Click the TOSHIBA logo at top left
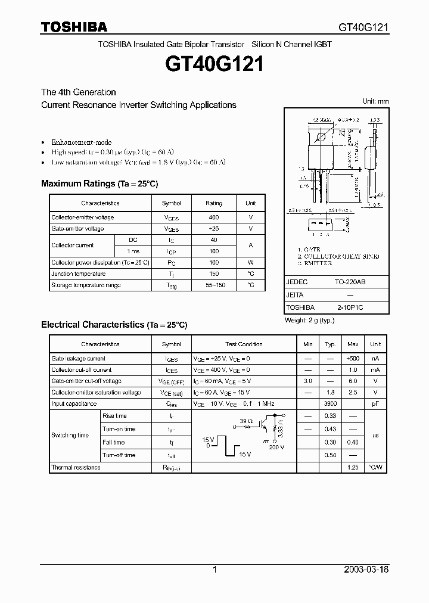coord(74,27)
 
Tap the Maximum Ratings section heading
coord(100,184)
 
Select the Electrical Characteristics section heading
coord(114,325)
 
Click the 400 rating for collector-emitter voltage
coord(214,217)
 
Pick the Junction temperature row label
coord(78,274)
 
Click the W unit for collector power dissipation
coord(251,263)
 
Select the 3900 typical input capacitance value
coord(329,403)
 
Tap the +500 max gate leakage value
coord(353,359)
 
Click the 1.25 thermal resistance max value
coord(353,468)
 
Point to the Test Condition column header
coord(244,344)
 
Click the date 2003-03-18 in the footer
coord(366,570)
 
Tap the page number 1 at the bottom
coord(214,570)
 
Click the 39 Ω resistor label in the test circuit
coord(244,420)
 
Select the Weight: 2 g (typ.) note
coord(309,321)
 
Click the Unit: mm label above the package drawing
coord(375,101)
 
